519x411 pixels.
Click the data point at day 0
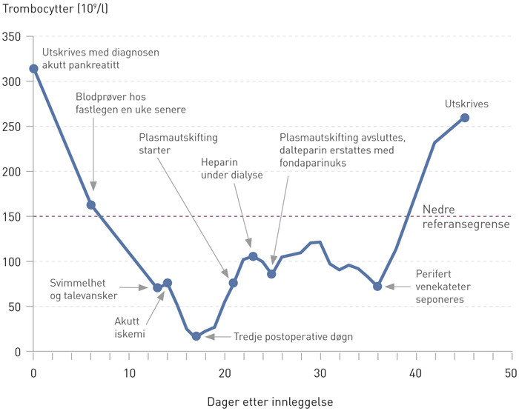click(x=33, y=69)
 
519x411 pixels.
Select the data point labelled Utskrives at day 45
click(x=464, y=118)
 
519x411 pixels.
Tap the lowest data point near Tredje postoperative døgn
click(x=196, y=336)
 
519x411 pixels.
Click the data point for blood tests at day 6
click(x=91, y=205)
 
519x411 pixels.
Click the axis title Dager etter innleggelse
click(x=271, y=401)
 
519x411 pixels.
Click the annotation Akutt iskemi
click(x=129, y=327)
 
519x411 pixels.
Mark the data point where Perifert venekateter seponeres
click(x=377, y=286)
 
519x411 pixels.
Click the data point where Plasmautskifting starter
click(x=234, y=283)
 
